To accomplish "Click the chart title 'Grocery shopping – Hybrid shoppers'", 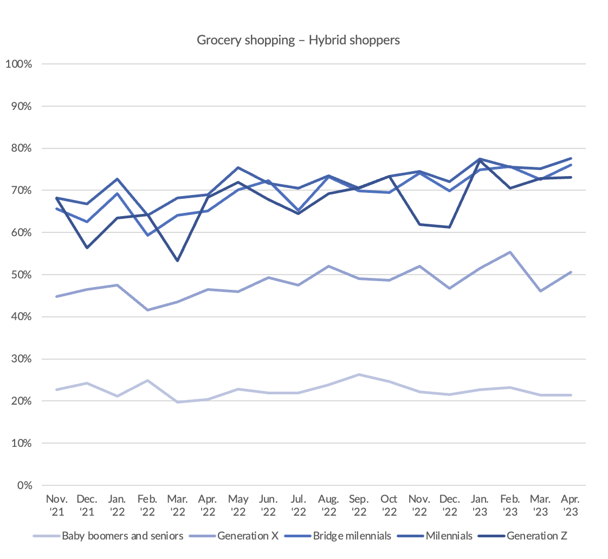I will coord(298,40).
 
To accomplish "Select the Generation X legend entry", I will coord(248,536).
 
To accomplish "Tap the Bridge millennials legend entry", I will coord(352,536).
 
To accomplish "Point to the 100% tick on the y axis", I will coord(19,64).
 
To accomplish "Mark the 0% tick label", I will coord(24,485).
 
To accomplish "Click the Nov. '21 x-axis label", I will coord(56,504).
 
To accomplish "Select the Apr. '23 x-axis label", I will coord(570,504).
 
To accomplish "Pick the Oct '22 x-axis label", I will coord(389,504).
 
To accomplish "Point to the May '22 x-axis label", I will coord(238,504).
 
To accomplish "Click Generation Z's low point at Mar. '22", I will coord(178,261).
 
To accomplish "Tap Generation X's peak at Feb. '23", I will coord(510,252).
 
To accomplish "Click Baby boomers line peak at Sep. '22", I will coord(359,374).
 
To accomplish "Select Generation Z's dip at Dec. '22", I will coord(449,227).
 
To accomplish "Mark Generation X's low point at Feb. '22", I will coord(147,310).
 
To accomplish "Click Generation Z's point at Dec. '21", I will coord(87,248).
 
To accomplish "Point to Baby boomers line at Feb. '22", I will coord(147,380).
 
